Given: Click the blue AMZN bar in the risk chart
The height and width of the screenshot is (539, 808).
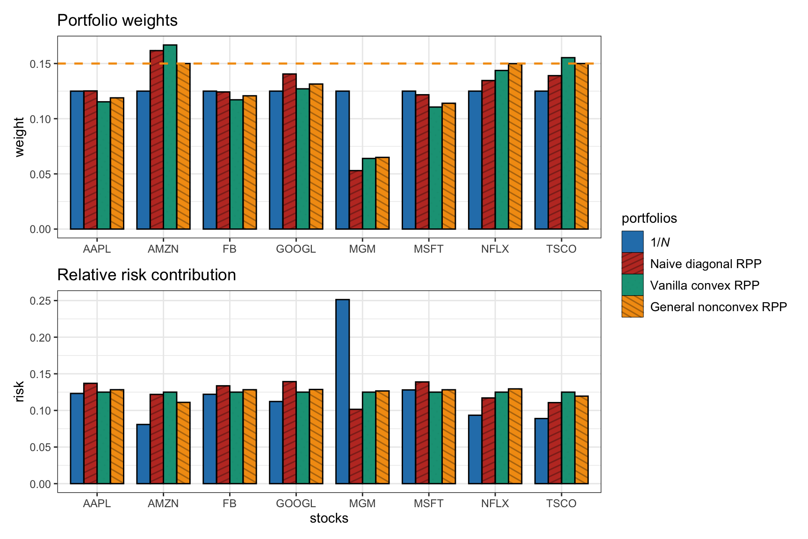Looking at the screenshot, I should [144, 454].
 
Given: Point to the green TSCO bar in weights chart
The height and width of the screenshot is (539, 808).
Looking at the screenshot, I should [568, 143].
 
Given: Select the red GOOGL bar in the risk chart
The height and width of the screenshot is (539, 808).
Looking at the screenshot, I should [289, 432].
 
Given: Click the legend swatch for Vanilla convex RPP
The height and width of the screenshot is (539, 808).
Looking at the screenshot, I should [632, 285].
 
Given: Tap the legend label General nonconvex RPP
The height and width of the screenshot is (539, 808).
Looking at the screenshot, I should [718, 307].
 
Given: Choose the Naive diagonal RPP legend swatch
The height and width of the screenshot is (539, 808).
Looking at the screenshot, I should [632, 263].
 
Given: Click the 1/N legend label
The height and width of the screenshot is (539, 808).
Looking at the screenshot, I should [660, 242].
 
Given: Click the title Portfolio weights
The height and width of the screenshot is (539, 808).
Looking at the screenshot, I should [117, 21].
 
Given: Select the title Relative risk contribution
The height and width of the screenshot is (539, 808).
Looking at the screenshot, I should [146, 275].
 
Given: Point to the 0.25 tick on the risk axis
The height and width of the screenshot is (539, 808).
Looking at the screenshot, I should [40, 301].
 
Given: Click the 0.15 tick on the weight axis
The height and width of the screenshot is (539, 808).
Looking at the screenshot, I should [40, 64].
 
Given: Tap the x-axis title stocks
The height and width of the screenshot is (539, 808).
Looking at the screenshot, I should [329, 518].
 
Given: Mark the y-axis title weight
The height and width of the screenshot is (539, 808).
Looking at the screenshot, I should [19, 137].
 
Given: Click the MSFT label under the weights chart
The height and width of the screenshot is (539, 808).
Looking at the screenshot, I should [428, 249].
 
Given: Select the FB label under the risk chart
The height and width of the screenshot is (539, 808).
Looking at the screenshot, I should [230, 503].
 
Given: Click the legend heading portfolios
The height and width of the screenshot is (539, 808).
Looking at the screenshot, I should [649, 219].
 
